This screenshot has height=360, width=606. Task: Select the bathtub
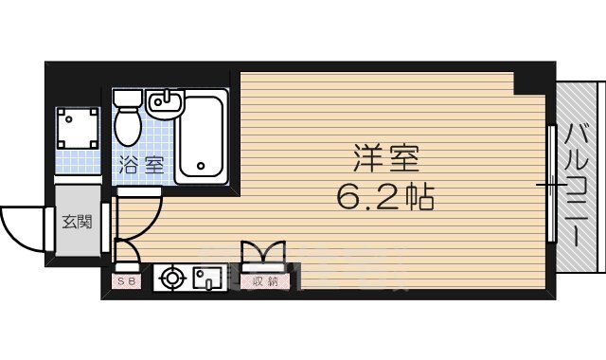pyautogui.click(x=200, y=136)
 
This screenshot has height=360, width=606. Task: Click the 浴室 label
pyautogui.click(x=141, y=163)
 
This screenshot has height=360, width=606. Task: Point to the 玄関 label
pyautogui.click(x=77, y=223)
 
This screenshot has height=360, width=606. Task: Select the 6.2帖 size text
pyautogui.click(x=384, y=197)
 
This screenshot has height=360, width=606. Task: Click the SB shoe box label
pyautogui.click(x=127, y=281)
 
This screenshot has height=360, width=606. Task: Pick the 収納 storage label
pyautogui.click(x=264, y=281)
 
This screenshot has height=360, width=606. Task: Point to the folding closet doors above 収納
pyautogui.click(x=263, y=255)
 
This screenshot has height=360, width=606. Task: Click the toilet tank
pyautogui.click(x=128, y=100)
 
